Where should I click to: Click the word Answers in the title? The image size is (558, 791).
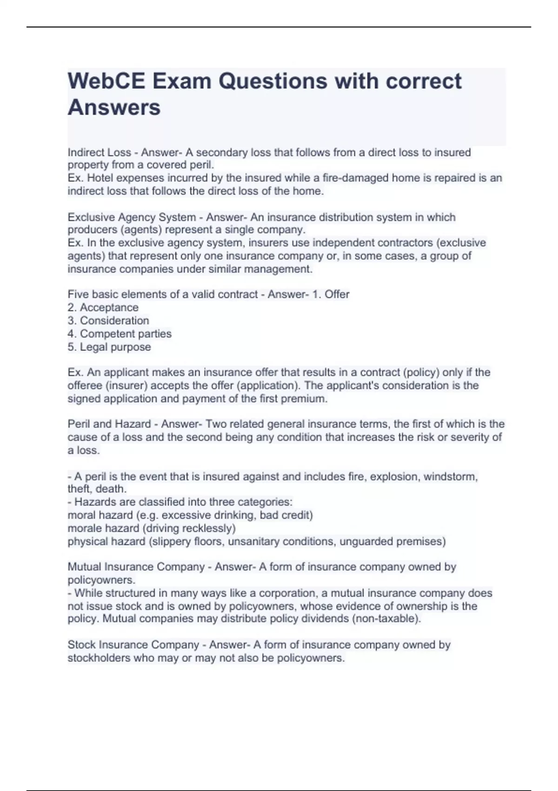[x=114, y=107]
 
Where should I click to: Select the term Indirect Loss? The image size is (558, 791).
[x=99, y=153]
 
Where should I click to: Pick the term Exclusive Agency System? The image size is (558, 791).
[x=132, y=217]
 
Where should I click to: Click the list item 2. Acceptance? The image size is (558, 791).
[x=103, y=308]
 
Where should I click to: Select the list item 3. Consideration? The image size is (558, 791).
[x=108, y=321]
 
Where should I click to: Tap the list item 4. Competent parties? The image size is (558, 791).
[x=120, y=334]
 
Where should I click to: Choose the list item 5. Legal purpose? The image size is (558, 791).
[x=109, y=347]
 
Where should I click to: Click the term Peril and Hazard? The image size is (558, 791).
[x=109, y=424]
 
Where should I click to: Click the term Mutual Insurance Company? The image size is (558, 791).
[x=136, y=567]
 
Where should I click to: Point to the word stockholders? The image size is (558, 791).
[x=99, y=658]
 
